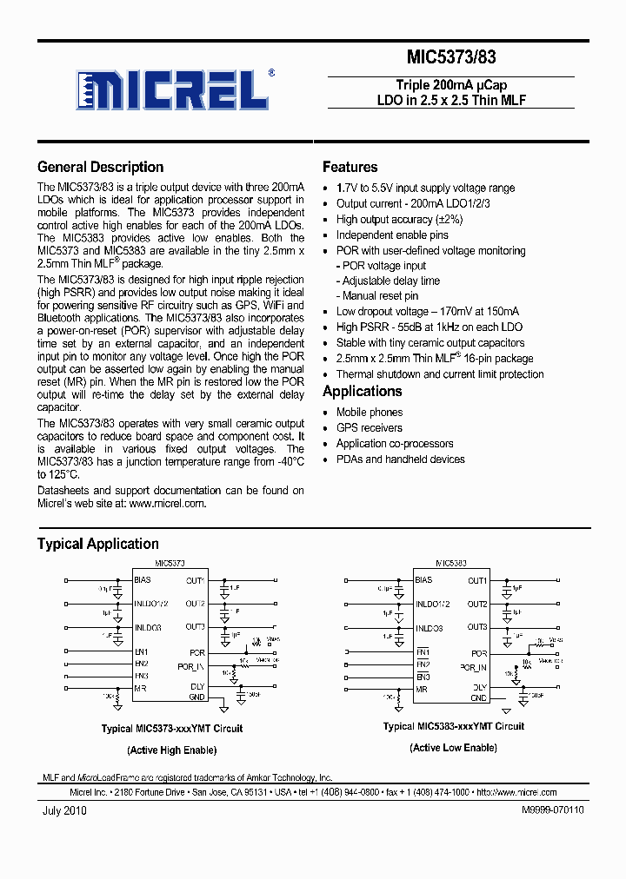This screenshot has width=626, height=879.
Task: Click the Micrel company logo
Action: pos(174,89)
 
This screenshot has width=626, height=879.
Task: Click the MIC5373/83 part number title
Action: pos(451,58)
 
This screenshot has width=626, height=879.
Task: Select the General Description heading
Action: pos(100,168)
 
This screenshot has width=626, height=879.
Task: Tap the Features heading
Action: pos(350,168)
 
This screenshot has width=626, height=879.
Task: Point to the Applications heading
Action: pos(362,392)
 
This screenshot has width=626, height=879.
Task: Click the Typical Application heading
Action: pos(97,545)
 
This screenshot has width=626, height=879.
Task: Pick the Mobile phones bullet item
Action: pos(370,413)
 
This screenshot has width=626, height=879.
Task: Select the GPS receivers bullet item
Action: pos(370,428)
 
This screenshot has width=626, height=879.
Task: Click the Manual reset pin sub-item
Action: pos(380,296)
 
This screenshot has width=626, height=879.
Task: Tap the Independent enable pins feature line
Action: pos(392,235)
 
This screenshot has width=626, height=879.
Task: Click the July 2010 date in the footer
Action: pos(63,810)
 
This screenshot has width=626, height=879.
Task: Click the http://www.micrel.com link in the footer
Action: pos(516,792)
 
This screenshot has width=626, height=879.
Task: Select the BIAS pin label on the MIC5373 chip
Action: pos(143,579)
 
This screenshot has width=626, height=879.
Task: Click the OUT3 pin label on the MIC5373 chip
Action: pos(195,626)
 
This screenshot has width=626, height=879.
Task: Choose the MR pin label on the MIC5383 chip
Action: pos(421,689)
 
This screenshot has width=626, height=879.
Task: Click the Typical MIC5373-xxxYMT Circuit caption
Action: pos(172,729)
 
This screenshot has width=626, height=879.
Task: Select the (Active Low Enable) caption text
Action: pos(454,748)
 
